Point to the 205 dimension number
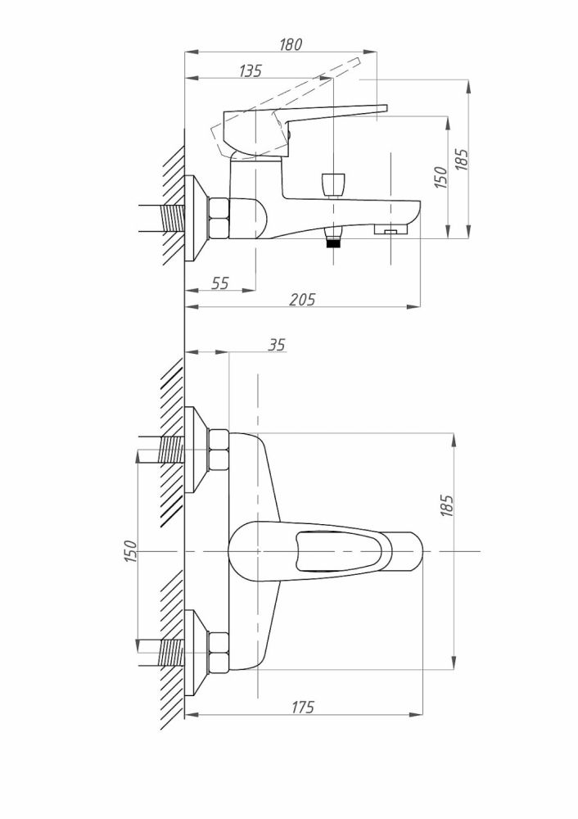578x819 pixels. click(x=303, y=300)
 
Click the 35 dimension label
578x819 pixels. click(x=276, y=345)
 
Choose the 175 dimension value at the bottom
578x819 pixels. click(x=303, y=708)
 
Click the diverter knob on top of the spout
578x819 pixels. click(x=332, y=184)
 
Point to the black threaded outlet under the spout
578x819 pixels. click(x=332, y=241)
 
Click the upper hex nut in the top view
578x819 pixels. click(x=219, y=451)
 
